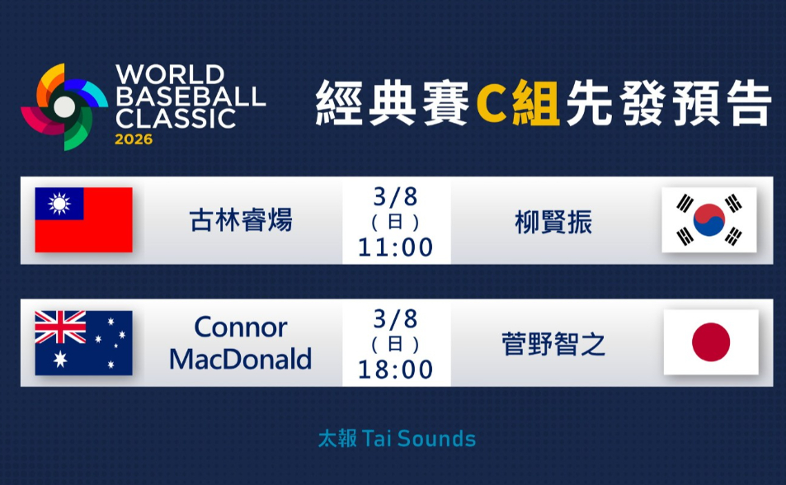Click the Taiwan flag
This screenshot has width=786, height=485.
click(83, 219)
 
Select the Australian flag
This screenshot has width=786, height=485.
click(83, 342)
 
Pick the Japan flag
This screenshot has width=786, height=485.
click(711, 342)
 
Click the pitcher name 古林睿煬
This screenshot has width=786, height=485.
click(241, 221)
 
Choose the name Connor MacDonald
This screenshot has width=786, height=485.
click(241, 343)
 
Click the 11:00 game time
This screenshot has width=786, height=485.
click(396, 247)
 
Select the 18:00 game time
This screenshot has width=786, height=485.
click(396, 370)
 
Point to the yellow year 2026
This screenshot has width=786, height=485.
click(134, 139)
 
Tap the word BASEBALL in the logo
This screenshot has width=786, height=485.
click(191, 96)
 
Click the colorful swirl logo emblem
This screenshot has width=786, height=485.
click(64, 106)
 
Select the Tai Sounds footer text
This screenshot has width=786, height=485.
click(397, 438)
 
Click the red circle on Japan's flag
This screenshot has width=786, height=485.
click(711, 342)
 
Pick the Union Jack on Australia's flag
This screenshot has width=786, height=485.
click(59, 327)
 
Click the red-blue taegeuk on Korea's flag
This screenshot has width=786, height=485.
click(709, 219)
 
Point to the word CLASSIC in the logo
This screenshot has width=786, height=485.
click(176, 118)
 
